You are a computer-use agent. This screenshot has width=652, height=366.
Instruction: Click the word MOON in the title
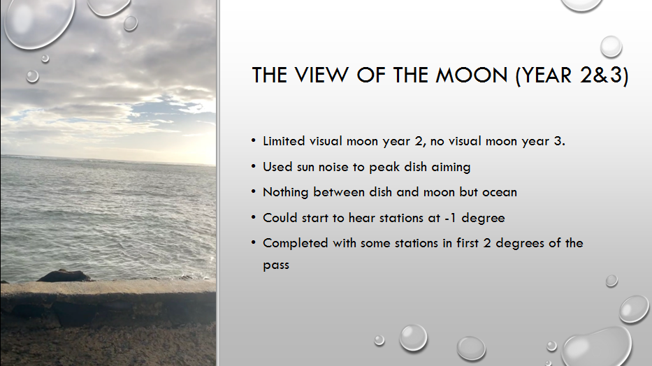tap(472, 75)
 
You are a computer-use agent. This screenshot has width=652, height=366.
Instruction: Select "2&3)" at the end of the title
tap(603, 75)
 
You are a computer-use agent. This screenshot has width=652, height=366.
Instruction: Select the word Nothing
tap(286, 192)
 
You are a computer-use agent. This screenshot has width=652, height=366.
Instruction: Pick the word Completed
tap(295, 243)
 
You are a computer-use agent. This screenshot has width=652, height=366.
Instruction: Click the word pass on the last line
tap(276, 265)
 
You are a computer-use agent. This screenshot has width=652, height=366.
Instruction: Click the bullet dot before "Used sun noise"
tap(254, 167)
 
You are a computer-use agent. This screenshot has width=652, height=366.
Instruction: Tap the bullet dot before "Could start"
tap(254, 217)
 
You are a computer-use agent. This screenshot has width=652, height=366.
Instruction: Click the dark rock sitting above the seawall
tap(64, 276)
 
